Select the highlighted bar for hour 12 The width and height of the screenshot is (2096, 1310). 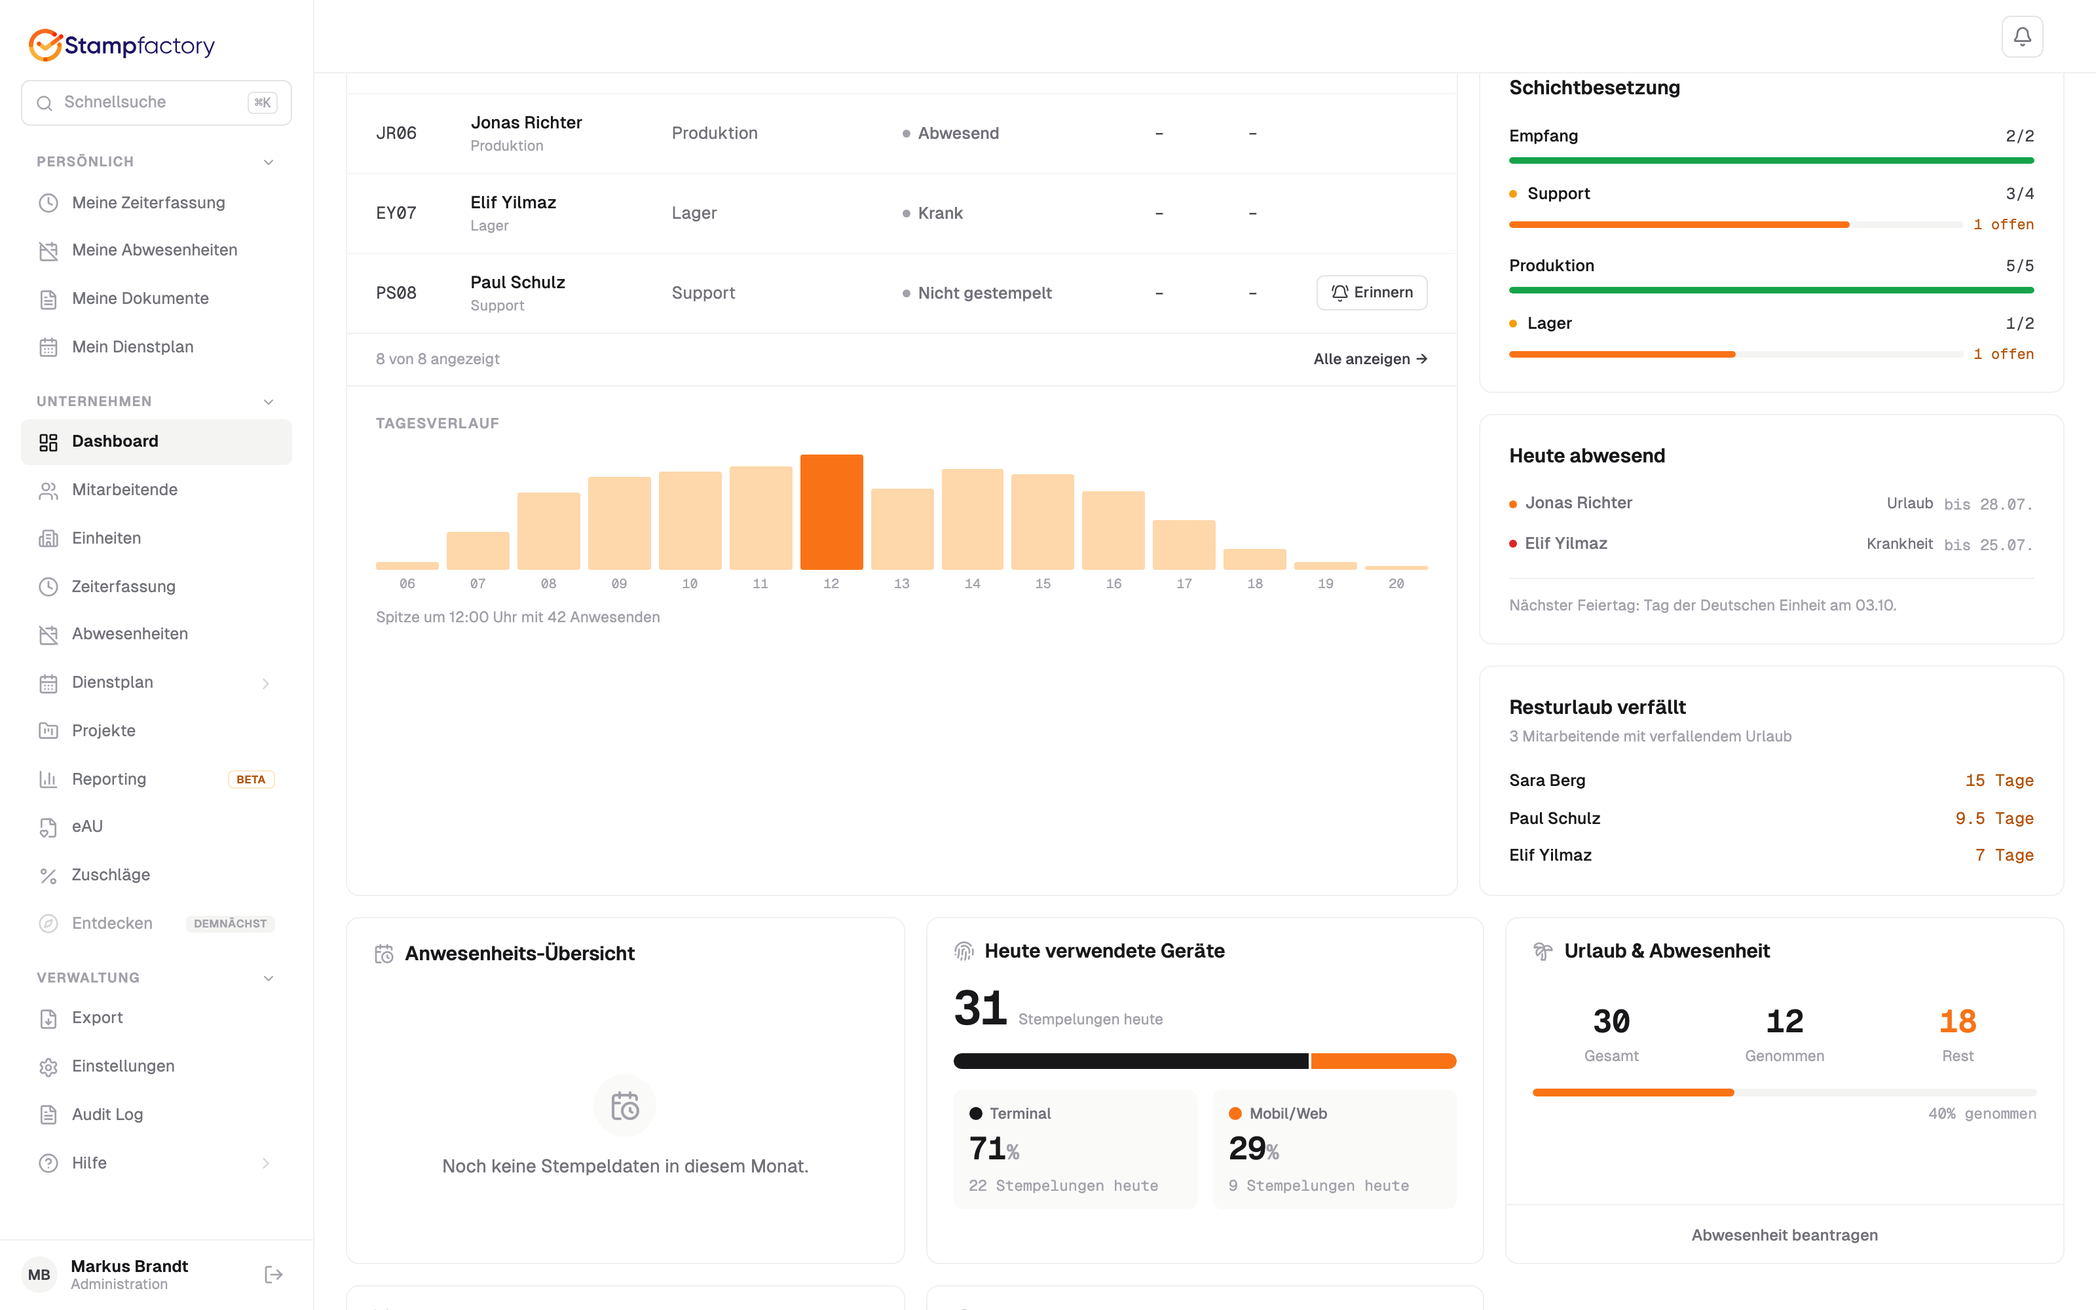(x=831, y=512)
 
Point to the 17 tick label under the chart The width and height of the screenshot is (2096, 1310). (x=1184, y=584)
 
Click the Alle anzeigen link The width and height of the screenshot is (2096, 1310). (x=1370, y=359)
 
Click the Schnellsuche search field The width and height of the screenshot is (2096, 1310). (x=156, y=102)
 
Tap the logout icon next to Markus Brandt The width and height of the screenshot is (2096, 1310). (x=274, y=1275)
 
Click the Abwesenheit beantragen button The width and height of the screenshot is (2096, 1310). (x=1784, y=1235)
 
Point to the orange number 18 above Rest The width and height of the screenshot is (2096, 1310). (x=1957, y=1022)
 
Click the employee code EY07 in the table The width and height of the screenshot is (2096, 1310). (x=396, y=213)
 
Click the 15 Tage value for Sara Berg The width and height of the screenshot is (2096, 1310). (x=1999, y=781)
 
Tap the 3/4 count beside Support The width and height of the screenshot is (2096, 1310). (x=2020, y=194)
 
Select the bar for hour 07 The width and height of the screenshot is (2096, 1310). (x=478, y=550)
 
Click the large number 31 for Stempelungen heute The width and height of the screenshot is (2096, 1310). (x=981, y=1009)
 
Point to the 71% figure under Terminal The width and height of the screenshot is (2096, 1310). (x=994, y=1149)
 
